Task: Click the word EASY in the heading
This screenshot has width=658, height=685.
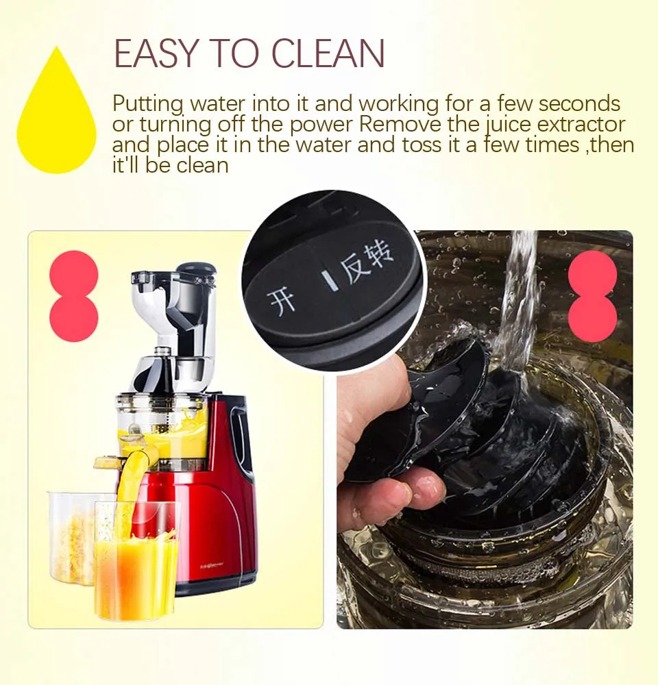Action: point(156,53)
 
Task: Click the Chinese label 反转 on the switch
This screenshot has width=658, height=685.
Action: point(367,263)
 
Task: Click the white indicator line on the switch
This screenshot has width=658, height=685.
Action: point(330,282)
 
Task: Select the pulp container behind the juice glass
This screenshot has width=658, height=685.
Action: point(72,537)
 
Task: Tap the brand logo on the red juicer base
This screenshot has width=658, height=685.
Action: point(215,566)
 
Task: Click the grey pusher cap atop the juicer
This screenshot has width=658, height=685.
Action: point(196,271)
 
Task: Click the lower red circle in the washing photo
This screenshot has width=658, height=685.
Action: point(593,317)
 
